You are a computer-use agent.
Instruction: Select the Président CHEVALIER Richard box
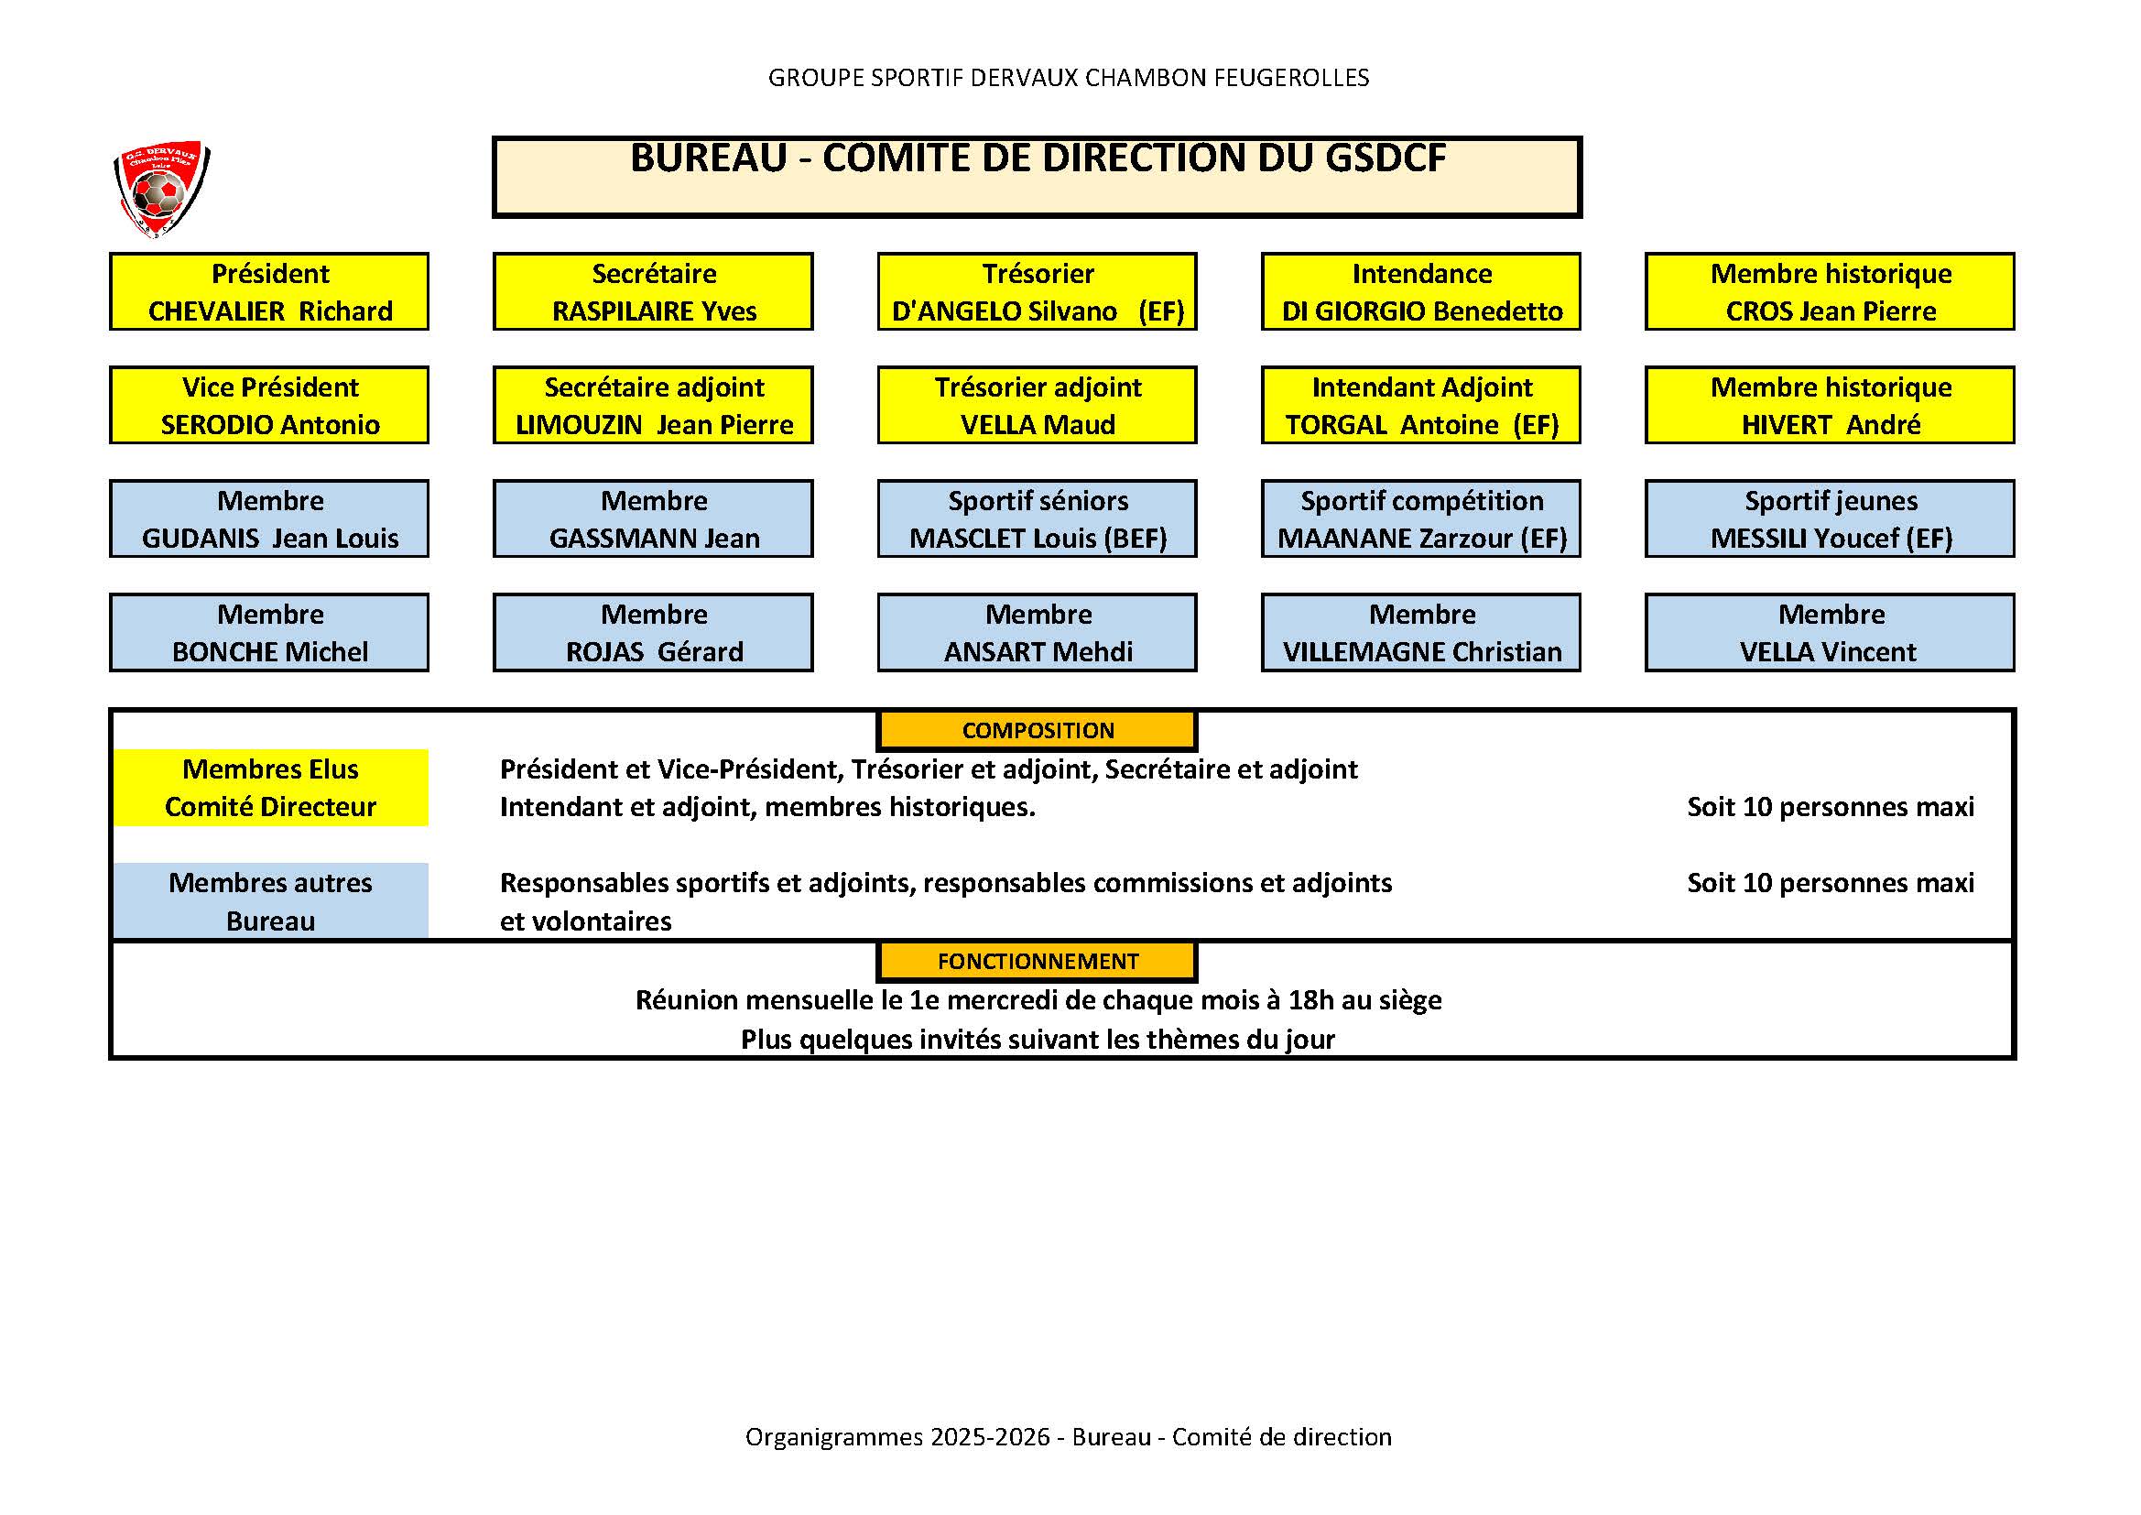[269, 291]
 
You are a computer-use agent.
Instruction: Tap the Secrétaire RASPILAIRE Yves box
[654, 291]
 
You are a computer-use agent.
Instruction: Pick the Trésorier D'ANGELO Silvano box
[1038, 291]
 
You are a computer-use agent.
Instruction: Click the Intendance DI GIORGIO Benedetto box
[1421, 291]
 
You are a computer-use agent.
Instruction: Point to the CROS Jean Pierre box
[1830, 291]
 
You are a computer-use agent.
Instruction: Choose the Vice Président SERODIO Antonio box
[269, 405]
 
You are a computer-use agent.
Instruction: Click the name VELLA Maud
[1038, 424]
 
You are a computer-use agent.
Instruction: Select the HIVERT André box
[1830, 405]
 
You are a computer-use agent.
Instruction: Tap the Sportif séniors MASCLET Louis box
[1038, 518]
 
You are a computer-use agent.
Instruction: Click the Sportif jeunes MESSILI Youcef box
[1830, 518]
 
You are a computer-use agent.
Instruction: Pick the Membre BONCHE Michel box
[269, 633]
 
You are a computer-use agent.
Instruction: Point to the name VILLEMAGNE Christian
[1422, 651]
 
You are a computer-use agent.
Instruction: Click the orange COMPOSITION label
[1038, 730]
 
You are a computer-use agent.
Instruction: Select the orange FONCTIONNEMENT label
[1038, 961]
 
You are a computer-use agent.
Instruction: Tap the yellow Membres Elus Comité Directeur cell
[270, 788]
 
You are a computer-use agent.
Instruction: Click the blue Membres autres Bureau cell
[270, 900]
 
